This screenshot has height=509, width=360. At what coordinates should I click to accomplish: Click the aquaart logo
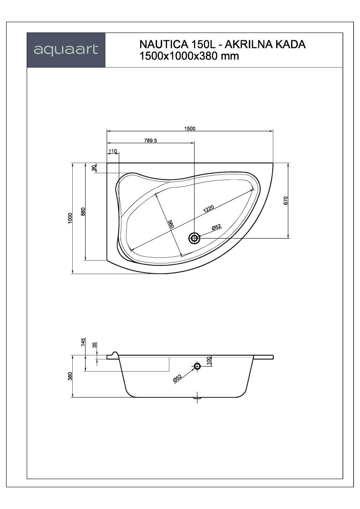click(66, 50)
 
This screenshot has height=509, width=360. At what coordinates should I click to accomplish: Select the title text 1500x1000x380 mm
click(189, 56)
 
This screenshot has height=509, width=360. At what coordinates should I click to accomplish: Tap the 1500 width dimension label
click(190, 128)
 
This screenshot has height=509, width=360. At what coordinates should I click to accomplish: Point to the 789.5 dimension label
click(150, 141)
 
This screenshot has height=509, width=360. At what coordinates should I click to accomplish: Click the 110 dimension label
click(112, 151)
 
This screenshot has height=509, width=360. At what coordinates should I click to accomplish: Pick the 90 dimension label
click(94, 168)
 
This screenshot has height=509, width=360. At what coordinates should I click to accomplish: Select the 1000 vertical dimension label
click(70, 218)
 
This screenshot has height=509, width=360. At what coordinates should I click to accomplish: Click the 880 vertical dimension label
click(83, 212)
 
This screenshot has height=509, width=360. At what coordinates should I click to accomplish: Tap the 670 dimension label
click(285, 200)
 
